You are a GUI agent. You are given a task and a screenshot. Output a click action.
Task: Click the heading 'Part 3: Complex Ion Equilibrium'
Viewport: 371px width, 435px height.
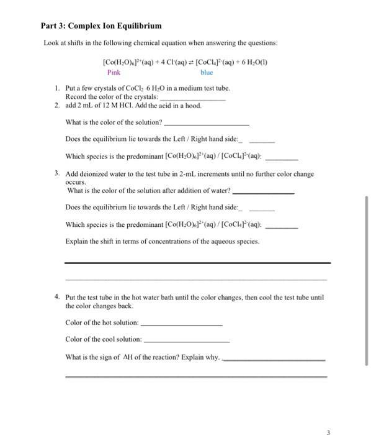pos(101,26)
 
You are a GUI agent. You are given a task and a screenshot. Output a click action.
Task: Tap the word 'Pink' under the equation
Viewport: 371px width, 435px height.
pos(114,73)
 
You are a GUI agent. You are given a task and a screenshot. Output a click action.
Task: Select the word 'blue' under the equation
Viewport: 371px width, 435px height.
pos(215,73)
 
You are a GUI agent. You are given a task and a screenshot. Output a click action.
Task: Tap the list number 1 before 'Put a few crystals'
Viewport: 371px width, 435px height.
pos(56,89)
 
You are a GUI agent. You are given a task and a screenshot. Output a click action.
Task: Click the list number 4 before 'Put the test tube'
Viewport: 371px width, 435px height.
pos(56,298)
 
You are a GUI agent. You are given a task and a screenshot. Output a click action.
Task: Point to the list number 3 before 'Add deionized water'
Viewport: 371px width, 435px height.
pos(56,175)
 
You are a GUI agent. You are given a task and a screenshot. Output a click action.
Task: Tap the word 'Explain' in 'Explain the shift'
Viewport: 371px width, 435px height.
pos(76,241)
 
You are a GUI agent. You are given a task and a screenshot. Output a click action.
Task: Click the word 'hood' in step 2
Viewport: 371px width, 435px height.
pos(194,106)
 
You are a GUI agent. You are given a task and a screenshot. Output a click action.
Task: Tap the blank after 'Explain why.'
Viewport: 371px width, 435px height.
pos(273,360)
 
